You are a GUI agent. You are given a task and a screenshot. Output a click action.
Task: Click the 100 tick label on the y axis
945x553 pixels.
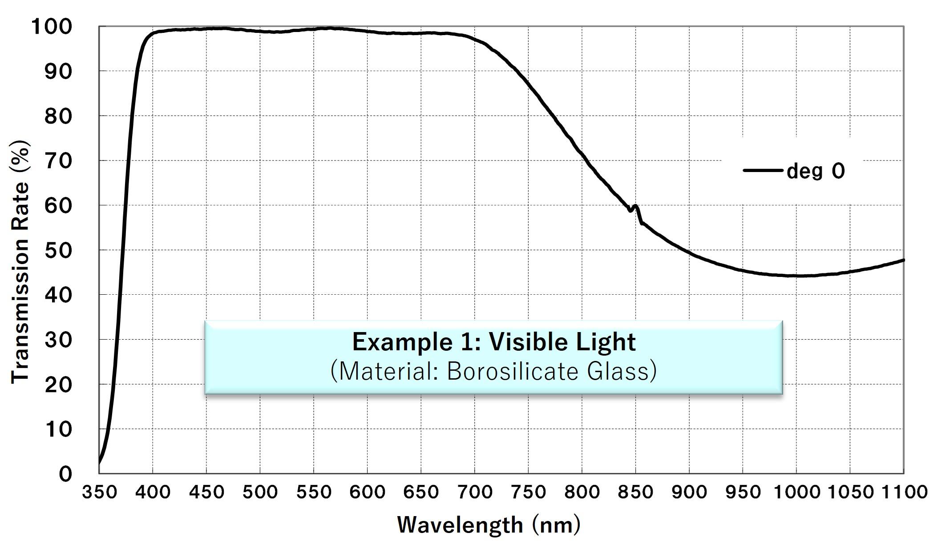point(51,27)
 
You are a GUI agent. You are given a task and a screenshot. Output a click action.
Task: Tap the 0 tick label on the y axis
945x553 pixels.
point(65,474)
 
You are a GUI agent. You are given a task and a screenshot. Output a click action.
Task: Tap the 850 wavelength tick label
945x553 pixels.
point(635,492)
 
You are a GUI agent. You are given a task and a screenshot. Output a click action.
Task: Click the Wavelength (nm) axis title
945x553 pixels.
point(489,525)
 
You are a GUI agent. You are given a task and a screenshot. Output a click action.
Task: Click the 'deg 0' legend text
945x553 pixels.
point(816,171)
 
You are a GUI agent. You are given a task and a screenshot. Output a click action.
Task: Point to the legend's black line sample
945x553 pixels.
point(762,170)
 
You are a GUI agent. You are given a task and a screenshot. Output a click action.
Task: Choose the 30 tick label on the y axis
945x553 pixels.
point(58,340)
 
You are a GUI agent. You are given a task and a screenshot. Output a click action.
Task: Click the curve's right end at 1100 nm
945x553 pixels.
point(903,260)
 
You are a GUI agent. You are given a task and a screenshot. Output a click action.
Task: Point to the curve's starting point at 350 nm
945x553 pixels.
point(99,462)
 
